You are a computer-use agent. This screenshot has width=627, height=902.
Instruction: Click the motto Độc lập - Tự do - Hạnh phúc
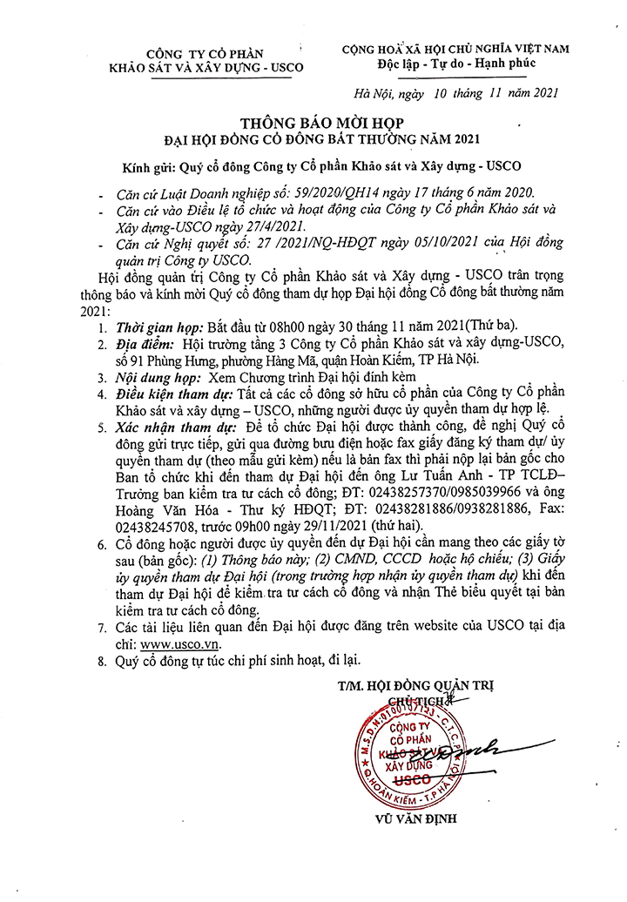(455, 64)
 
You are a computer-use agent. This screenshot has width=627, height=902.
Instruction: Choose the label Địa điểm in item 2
(140, 347)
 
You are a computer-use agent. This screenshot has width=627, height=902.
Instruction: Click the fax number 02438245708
(152, 526)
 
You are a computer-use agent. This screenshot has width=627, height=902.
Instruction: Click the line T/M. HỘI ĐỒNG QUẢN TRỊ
(415, 685)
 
